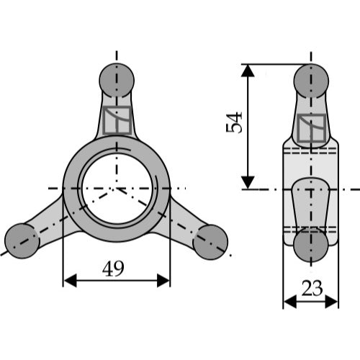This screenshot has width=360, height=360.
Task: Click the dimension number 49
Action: click(113, 269)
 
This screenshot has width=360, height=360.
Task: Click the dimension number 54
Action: click(234, 122)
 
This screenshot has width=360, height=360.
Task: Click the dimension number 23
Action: click(312, 288)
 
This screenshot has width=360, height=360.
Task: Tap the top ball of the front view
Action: click(117, 80)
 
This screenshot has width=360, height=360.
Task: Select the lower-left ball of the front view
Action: click(22, 241)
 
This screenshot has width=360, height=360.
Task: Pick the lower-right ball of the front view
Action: click(210, 242)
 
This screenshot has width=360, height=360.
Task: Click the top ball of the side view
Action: click(311, 81)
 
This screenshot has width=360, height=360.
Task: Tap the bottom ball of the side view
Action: click(311, 245)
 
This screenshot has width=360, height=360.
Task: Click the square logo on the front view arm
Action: click(117, 120)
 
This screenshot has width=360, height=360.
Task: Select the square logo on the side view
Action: click(312, 128)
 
